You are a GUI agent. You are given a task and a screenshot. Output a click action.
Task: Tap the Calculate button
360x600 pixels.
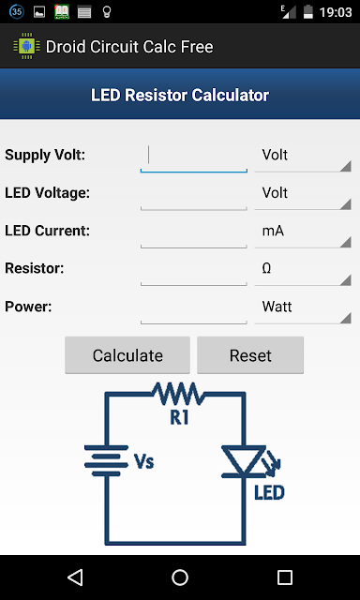pyautogui.click(x=127, y=355)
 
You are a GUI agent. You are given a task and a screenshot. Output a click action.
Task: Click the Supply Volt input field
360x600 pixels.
pyautogui.click(x=193, y=157)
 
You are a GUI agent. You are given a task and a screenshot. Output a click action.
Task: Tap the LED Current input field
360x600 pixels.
pyautogui.click(x=193, y=233)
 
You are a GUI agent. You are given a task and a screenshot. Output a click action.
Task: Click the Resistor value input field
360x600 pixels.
pyautogui.click(x=193, y=271)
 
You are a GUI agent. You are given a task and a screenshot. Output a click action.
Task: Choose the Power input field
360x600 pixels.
pyautogui.click(x=193, y=309)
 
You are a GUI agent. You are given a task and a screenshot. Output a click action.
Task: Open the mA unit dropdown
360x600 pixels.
pyautogui.click(x=303, y=233)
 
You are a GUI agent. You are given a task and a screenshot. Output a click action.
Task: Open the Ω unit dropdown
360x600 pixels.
pyautogui.click(x=303, y=271)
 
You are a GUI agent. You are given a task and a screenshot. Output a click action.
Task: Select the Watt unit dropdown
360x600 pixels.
pyautogui.click(x=303, y=309)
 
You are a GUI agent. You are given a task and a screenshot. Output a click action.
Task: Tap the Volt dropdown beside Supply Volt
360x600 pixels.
pyautogui.click(x=303, y=157)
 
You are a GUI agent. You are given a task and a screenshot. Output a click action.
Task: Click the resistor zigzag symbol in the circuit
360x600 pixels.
pyautogui.click(x=178, y=394)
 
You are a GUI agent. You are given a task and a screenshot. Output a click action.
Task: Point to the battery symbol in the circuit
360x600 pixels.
pyautogui.click(x=106, y=460)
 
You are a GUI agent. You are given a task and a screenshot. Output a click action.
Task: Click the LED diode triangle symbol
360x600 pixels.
pyautogui.click(x=244, y=461)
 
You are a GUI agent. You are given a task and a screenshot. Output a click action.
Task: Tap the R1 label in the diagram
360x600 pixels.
pyautogui.click(x=179, y=417)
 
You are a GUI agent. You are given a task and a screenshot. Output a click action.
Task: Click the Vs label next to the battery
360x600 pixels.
pyautogui.click(x=144, y=461)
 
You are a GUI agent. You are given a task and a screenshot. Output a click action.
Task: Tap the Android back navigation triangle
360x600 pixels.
pyautogui.click(x=75, y=577)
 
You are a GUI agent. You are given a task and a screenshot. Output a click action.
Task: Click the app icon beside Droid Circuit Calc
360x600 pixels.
pyautogui.click(x=27, y=46)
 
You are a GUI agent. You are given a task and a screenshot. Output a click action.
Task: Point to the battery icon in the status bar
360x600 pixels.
pyautogui.click(x=308, y=12)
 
